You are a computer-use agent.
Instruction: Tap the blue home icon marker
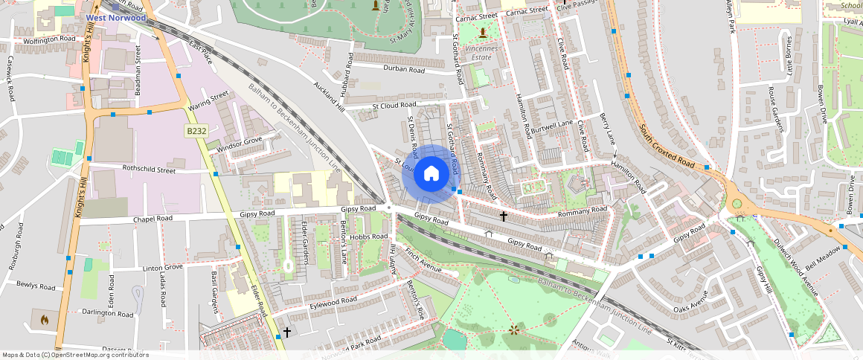tap(431, 175)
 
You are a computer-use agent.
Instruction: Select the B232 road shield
tap(196, 131)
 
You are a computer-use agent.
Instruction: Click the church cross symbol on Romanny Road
tap(504, 216)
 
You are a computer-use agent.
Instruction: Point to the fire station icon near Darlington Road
tap(44, 321)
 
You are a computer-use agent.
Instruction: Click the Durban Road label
tap(403, 70)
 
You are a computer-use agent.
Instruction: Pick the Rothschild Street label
tap(149, 170)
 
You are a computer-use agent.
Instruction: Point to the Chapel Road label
tap(153, 219)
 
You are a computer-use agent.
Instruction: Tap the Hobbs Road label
tap(369, 237)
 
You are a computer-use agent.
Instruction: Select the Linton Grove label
tap(162, 267)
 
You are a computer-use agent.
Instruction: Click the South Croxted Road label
tap(667, 144)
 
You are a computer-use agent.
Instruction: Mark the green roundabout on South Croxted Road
tap(737, 203)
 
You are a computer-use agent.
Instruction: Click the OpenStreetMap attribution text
tap(75, 355)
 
